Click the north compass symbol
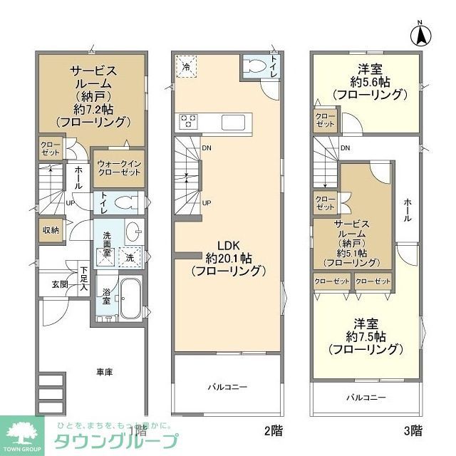click(421, 33)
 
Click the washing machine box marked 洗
click(130, 257)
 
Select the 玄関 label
click(59, 284)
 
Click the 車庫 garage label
click(105, 372)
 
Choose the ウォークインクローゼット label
click(118, 167)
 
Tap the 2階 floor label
click(273, 430)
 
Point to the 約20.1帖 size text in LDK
click(228, 258)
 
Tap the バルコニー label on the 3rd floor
click(366, 397)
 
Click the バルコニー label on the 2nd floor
click(227, 387)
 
